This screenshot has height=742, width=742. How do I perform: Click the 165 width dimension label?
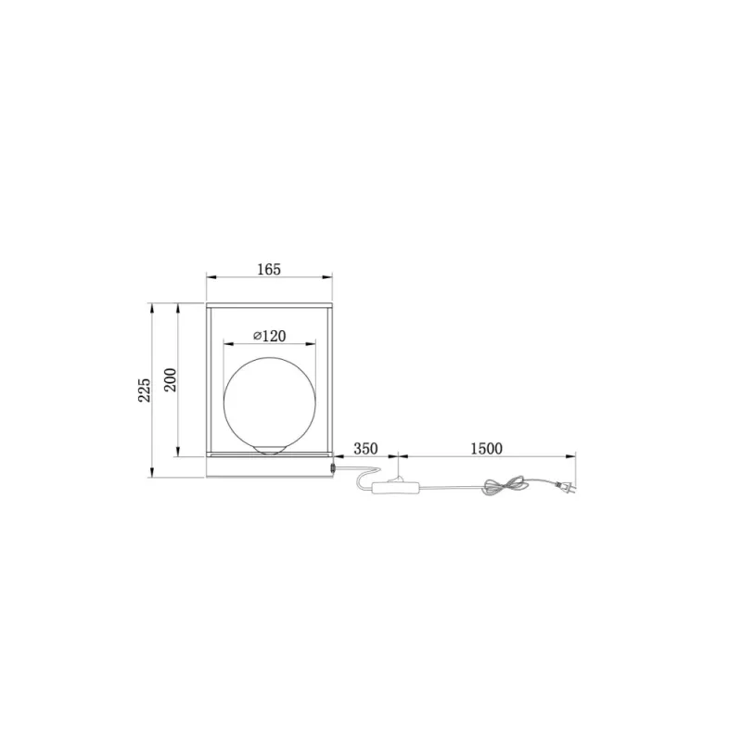[269, 269]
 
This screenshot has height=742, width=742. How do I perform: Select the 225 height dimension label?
[145, 390]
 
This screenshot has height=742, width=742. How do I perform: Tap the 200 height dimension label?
[170, 379]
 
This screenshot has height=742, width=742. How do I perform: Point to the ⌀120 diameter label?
[270, 336]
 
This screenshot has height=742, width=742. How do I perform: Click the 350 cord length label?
[365, 449]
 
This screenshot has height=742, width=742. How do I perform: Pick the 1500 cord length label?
[486, 449]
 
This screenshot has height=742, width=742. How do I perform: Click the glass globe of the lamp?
[270, 403]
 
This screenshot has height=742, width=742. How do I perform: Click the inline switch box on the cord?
[396, 488]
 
